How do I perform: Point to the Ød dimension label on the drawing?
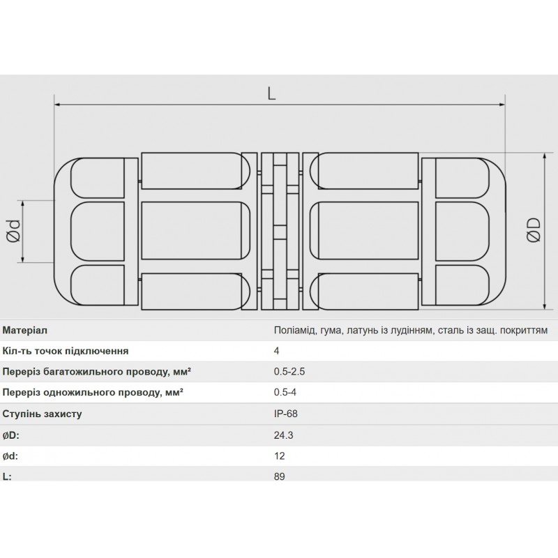(x=13, y=232)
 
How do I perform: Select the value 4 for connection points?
(x=277, y=352)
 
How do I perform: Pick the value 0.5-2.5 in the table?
(x=289, y=372)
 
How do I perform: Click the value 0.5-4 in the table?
(x=285, y=393)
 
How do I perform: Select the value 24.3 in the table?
(x=284, y=435)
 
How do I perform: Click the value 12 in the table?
(x=280, y=456)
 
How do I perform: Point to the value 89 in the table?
(x=280, y=477)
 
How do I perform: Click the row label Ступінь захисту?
(x=43, y=414)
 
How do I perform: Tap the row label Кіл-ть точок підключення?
(x=66, y=352)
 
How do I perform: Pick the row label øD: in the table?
(x=12, y=435)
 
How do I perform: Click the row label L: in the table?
(x=8, y=477)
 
